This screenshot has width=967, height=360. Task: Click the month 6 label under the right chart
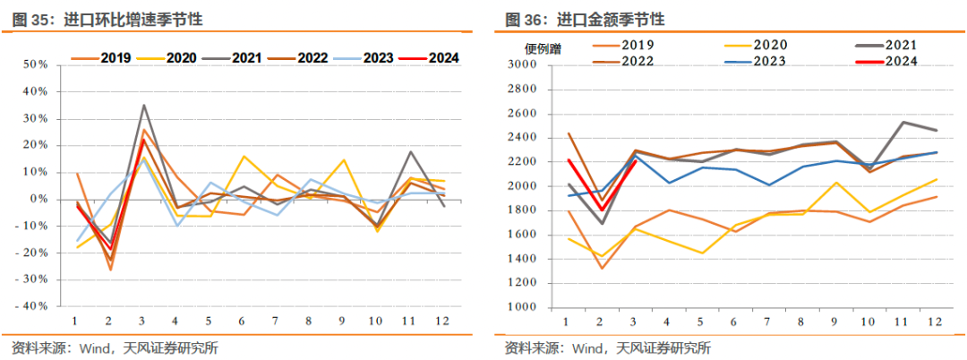tap(734, 321)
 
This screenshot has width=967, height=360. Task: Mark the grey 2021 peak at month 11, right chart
tap(904, 122)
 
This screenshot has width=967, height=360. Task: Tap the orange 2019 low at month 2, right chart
tap(599, 268)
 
